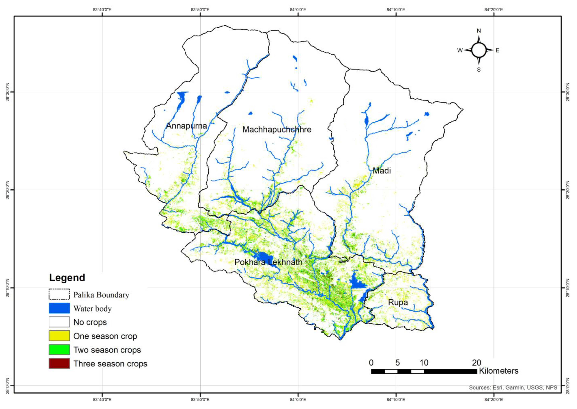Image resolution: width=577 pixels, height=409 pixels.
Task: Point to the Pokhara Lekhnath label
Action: pos(268,262)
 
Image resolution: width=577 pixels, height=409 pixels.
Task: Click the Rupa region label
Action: pos(398,302)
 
